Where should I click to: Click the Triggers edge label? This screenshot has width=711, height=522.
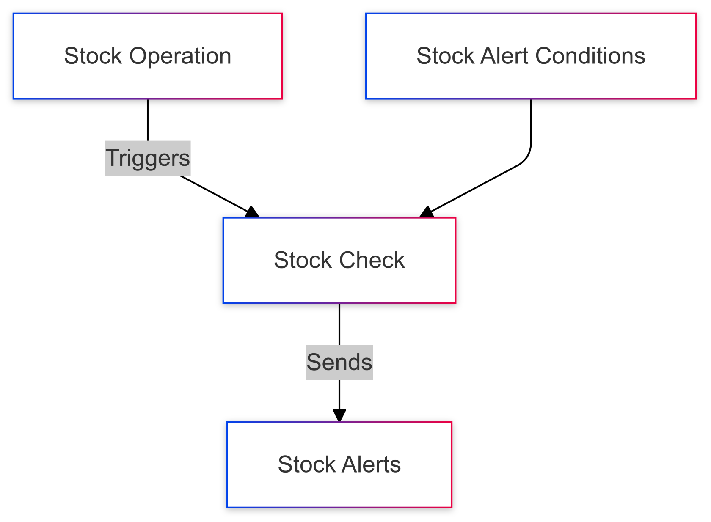pos(148,158)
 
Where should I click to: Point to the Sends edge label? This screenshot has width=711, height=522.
pos(339,363)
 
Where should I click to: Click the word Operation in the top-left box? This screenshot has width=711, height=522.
pos(180,56)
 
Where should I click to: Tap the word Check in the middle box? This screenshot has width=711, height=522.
pos(372,260)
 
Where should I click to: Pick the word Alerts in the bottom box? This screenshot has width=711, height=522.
pos(371,464)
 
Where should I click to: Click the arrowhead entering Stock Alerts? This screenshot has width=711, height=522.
pos(339,415)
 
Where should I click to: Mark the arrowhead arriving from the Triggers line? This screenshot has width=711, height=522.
pos(252,212)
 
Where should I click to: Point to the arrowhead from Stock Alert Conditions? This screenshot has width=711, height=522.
pos(427,212)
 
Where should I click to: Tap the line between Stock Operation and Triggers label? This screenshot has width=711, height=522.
pos(148,120)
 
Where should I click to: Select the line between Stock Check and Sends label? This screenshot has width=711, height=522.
pos(339,324)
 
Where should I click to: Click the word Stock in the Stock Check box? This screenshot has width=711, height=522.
pos(303,260)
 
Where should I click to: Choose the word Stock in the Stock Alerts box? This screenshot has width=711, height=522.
pos(306,464)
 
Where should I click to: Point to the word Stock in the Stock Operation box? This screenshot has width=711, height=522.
pos(93,56)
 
